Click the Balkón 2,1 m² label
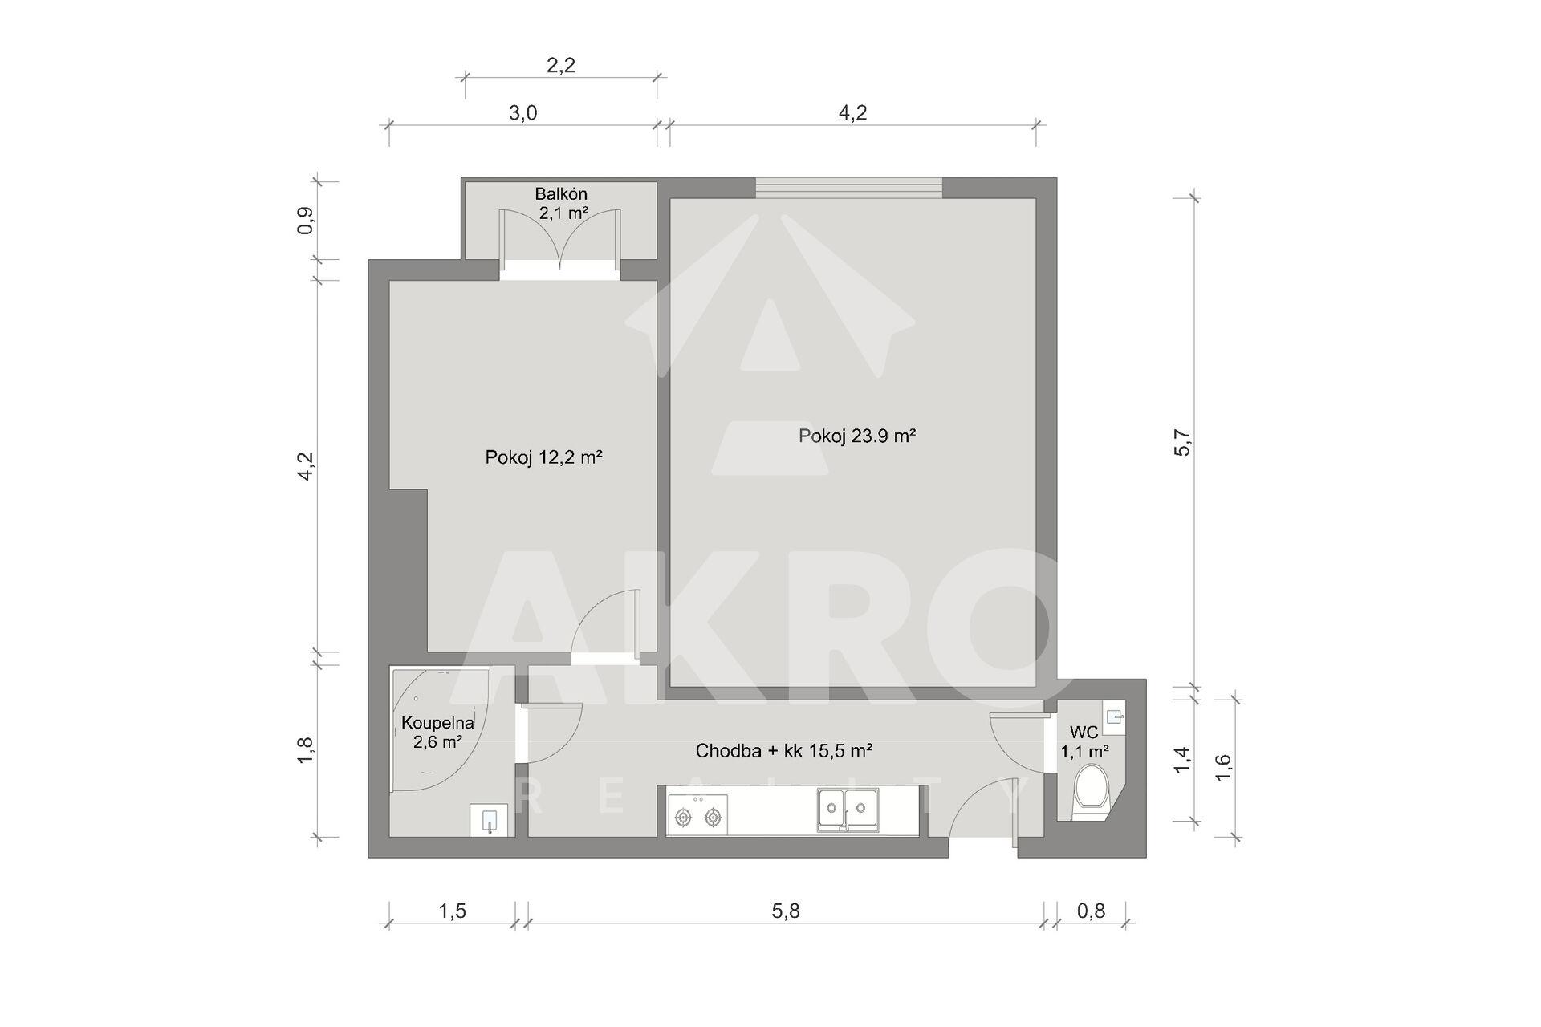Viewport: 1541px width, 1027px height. pyautogui.click(x=562, y=204)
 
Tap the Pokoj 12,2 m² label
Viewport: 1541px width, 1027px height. pyautogui.click(x=543, y=457)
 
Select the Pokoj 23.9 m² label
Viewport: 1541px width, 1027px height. pyautogui.click(x=857, y=436)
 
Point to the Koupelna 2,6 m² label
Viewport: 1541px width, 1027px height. pyautogui.click(x=437, y=732)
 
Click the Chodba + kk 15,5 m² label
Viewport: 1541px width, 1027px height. pyautogui.click(x=784, y=751)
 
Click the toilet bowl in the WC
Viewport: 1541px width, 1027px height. pyautogui.click(x=1092, y=791)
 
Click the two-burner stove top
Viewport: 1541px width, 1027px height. pyautogui.click(x=697, y=814)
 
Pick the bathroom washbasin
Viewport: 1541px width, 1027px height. pyautogui.click(x=489, y=820)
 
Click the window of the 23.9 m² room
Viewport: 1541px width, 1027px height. pyautogui.click(x=849, y=188)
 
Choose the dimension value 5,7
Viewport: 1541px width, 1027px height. pyautogui.click(x=1183, y=442)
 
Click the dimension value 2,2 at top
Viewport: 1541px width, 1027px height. pyautogui.click(x=561, y=65)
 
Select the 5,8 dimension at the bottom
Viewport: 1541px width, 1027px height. pyautogui.click(x=786, y=911)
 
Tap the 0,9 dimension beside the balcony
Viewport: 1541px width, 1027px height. pyautogui.click(x=305, y=221)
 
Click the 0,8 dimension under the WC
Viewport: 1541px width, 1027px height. pyautogui.click(x=1091, y=911)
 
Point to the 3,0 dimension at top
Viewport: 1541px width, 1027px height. pyautogui.click(x=522, y=112)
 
